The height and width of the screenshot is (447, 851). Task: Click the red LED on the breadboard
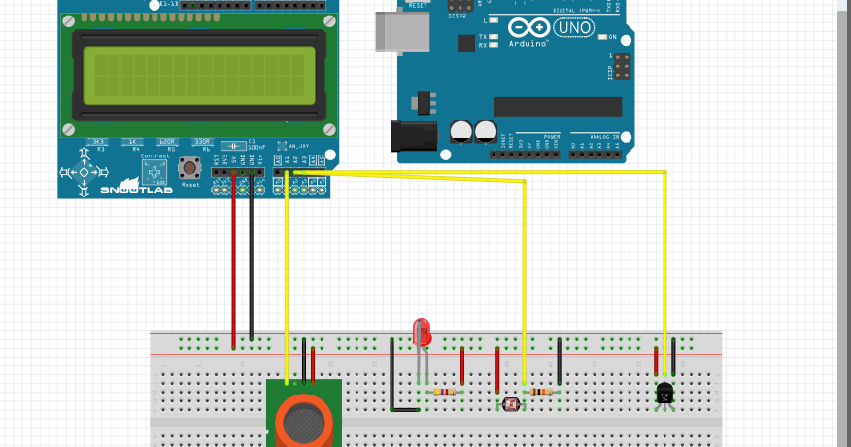[x=422, y=332]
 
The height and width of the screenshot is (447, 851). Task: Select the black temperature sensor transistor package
[x=665, y=392]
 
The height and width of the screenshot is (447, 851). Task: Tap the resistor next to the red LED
[x=446, y=392]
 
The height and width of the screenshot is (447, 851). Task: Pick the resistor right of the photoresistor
[x=541, y=392]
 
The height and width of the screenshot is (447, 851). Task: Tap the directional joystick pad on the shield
[x=84, y=172]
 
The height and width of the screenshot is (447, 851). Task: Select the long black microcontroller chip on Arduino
[x=557, y=106]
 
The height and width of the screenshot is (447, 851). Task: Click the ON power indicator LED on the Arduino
[x=602, y=37]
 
